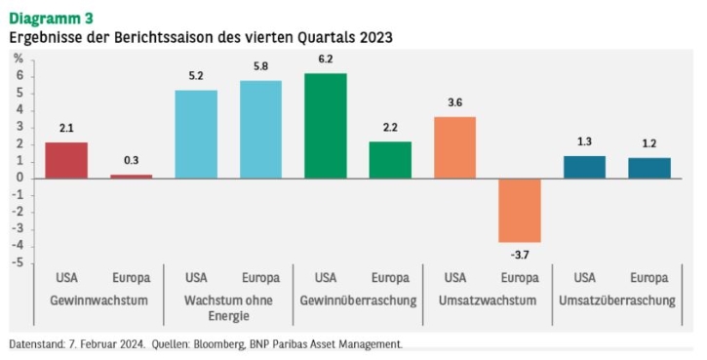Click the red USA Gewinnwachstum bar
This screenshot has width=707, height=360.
click(x=66, y=160)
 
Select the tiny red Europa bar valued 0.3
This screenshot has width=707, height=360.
click(x=132, y=177)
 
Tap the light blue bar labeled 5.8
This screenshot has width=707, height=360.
click(x=260, y=130)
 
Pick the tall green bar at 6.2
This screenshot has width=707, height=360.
click(x=326, y=126)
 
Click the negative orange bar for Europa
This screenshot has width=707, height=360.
click(x=520, y=211)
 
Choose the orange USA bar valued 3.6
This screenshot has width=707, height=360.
click(x=455, y=147)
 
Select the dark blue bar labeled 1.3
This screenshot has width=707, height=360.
click(x=584, y=167)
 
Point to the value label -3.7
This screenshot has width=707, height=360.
click(x=520, y=255)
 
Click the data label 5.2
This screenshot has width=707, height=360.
click(x=196, y=76)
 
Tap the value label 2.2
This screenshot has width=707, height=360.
click(x=390, y=128)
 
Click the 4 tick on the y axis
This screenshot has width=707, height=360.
click(x=20, y=110)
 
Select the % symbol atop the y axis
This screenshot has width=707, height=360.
click(x=18, y=59)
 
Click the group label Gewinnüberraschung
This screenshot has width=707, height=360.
click(x=358, y=300)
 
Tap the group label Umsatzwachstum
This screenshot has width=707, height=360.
click(x=488, y=300)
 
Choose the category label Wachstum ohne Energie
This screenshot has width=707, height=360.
click(x=228, y=308)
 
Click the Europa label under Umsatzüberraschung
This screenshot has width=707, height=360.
click(x=649, y=278)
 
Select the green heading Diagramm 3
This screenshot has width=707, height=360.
click(x=51, y=19)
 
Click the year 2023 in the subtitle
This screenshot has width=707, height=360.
click(x=376, y=37)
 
